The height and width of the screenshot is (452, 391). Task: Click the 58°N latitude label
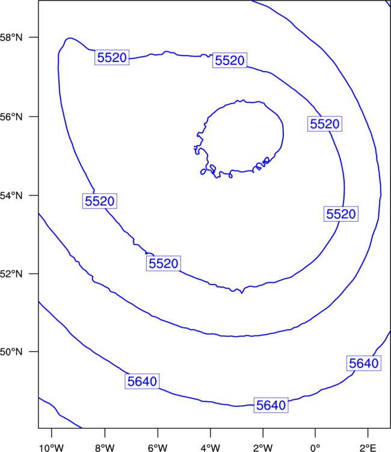click(x=11, y=37)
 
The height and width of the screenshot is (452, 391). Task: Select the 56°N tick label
click(x=11, y=117)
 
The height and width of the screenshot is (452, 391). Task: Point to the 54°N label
click(x=11, y=196)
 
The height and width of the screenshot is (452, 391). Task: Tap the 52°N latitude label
click(x=11, y=274)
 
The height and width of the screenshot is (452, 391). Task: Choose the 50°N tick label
click(x=11, y=352)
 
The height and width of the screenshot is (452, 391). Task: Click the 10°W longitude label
click(x=51, y=448)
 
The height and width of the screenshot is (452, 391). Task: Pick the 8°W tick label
click(x=105, y=448)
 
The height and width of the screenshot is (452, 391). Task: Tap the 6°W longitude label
click(x=158, y=448)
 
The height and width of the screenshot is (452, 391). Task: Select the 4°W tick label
click(x=211, y=448)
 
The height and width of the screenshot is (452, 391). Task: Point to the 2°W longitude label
click(x=263, y=448)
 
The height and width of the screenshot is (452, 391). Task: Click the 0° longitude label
click(x=315, y=448)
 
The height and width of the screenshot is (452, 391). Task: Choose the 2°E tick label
click(x=368, y=448)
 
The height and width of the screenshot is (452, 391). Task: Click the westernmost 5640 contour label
click(x=142, y=381)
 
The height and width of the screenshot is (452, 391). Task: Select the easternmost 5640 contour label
click(x=364, y=363)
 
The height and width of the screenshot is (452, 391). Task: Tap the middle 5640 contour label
click(x=271, y=406)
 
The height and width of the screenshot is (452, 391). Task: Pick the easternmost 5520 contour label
click(x=341, y=214)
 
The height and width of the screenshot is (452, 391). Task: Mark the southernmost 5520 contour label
click(x=164, y=263)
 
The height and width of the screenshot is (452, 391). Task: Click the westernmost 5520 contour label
click(x=100, y=201)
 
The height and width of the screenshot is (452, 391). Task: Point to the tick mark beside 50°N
click(x=34, y=351)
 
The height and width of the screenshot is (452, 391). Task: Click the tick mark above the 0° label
click(x=315, y=433)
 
